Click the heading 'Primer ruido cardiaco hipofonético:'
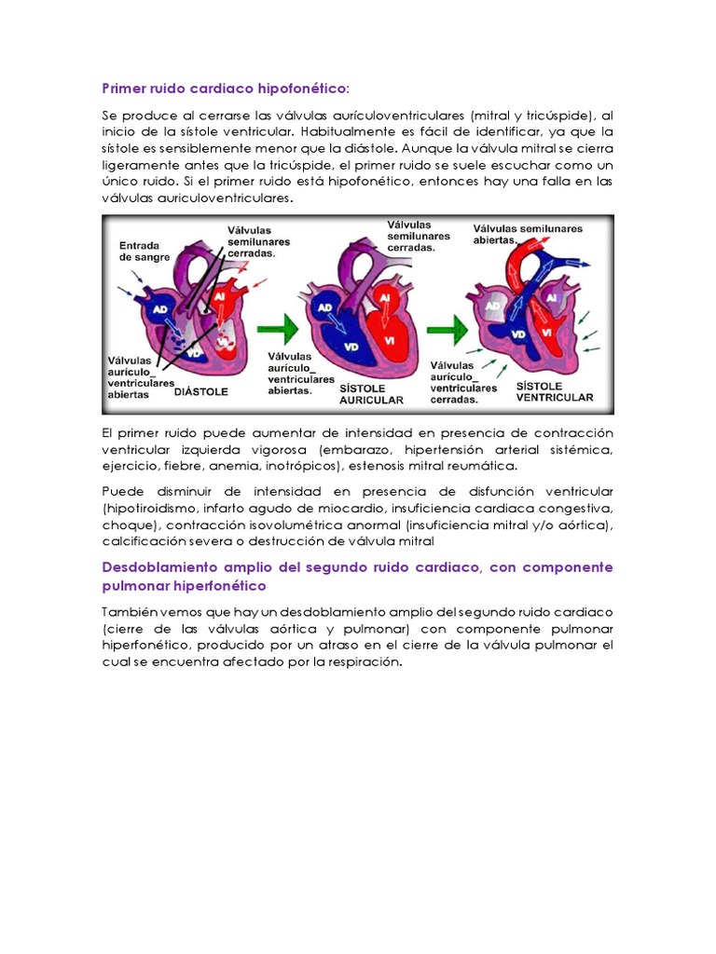(226, 88)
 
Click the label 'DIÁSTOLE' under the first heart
(201, 392)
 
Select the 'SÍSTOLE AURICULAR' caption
(372, 392)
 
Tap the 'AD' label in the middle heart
(325, 307)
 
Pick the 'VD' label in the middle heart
(351, 348)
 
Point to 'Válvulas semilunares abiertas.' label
(528, 234)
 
